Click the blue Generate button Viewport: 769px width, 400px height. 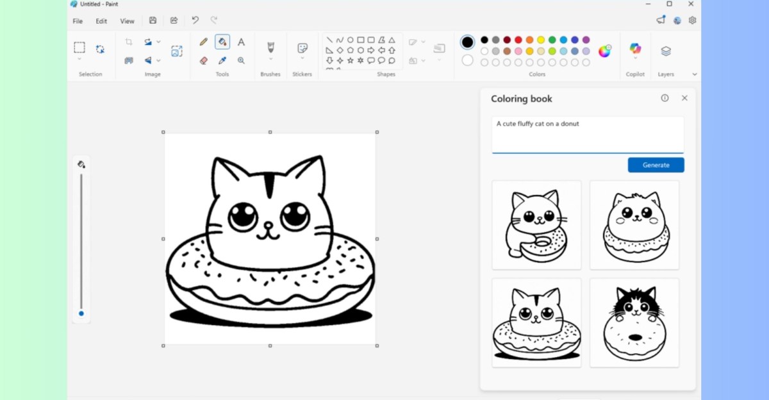point(656,165)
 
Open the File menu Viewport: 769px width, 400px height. point(78,21)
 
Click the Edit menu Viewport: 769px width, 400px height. point(101,21)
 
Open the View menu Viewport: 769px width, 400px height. point(128,21)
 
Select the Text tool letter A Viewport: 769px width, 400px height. point(241,42)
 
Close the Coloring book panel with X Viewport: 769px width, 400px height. point(684,98)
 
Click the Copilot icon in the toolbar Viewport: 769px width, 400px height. point(635,49)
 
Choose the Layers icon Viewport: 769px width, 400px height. point(666,51)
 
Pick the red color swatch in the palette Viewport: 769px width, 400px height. point(518,40)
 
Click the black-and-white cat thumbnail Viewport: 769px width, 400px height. point(634,322)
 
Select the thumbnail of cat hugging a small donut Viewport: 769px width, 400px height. point(536,225)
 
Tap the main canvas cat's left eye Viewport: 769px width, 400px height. point(243,215)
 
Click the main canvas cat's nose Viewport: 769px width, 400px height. point(269,225)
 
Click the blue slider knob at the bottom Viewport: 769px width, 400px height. point(81,313)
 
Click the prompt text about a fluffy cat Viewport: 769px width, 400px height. point(538,124)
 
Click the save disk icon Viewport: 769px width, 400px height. point(153,21)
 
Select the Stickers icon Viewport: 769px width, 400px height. point(302,49)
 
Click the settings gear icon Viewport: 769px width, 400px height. point(692,21)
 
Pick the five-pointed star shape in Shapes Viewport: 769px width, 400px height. point(350,60)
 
